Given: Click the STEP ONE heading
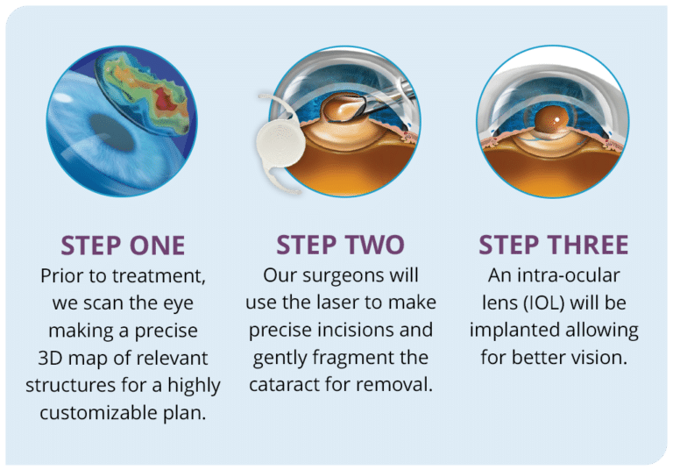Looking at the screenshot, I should (122, 244).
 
